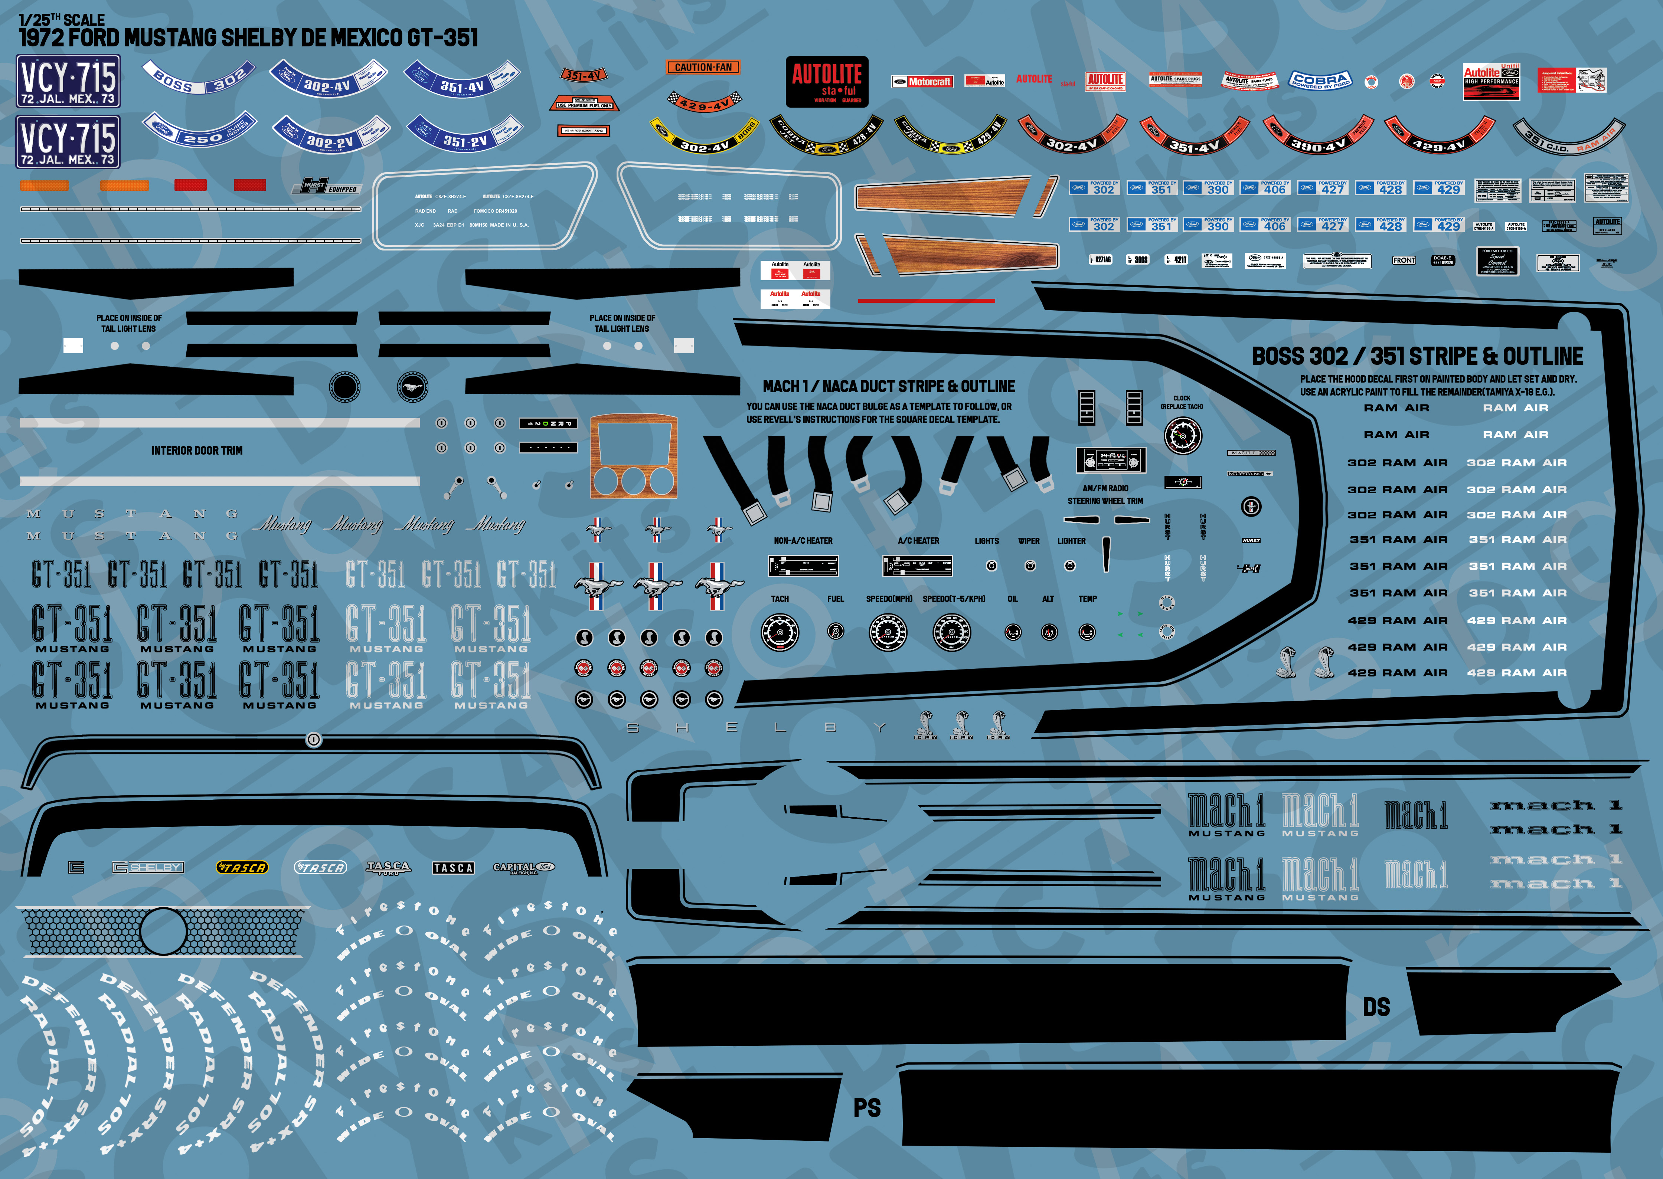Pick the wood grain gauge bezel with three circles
click(633, 457)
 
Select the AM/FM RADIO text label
click(1105, 489)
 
